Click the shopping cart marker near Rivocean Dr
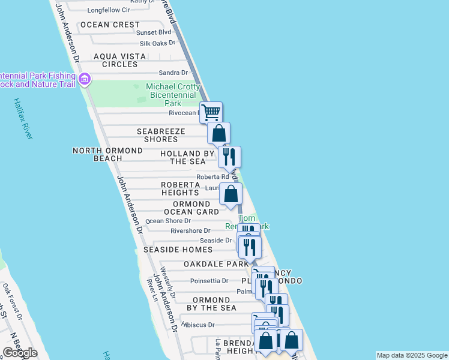(211, 112)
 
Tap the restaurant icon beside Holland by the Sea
(229, 157)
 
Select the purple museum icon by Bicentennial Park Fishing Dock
(85, 79)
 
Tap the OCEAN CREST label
(110, 25)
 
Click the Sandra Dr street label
(173, 73)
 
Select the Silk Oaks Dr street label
(157, 43)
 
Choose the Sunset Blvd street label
(154, 32)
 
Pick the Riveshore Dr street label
(190, 230)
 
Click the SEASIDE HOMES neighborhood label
(178, 250)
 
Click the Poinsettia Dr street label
(209, 281)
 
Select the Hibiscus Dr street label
(198, 325)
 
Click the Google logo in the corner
(20, 353)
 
